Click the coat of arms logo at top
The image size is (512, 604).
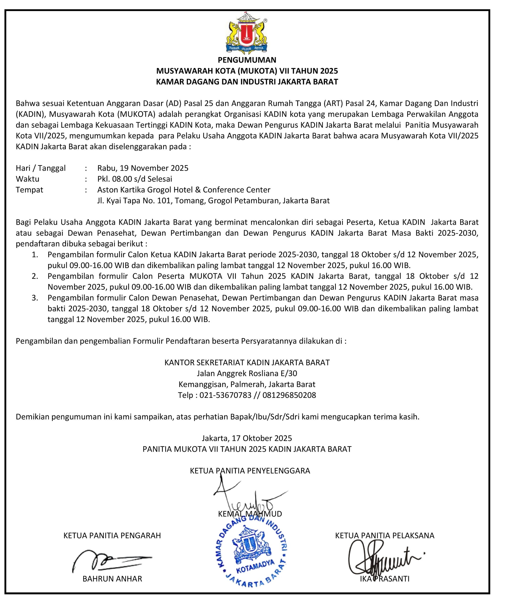(247, 35)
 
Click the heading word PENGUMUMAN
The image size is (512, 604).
(247, 60)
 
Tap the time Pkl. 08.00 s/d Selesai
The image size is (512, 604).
(135, 179)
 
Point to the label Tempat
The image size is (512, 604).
(29, 190)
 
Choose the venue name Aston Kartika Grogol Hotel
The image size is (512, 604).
(184, 190)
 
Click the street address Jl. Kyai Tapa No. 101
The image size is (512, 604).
(134, 201)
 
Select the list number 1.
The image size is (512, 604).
(35, 255)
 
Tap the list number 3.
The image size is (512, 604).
(35, 298)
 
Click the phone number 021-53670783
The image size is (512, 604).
(225, 395)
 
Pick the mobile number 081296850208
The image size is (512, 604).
(289, 395)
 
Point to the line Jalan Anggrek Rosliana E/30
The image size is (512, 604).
(247, 373)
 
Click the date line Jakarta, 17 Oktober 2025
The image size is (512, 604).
(247, 438)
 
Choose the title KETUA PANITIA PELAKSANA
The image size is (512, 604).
(385, 536)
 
